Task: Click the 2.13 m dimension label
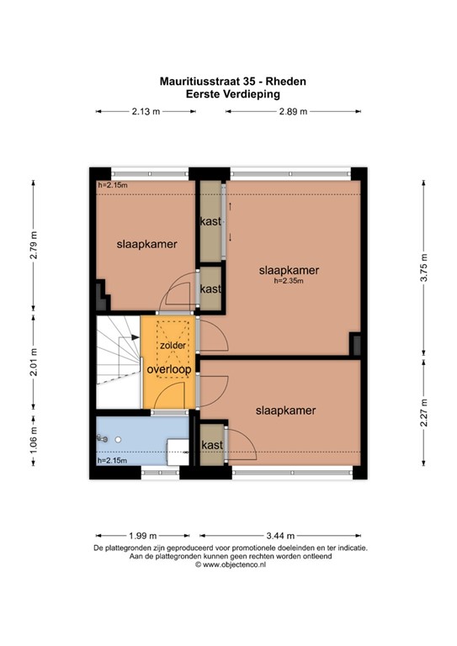tap(146, 111)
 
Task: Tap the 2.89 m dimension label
tap(294, 111)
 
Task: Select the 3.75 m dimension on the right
tap(423, 267)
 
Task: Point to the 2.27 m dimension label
tap(423, 413)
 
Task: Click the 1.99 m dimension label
tap(143, 536)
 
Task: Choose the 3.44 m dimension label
tap(280, 536)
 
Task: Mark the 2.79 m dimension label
tap(34, 245)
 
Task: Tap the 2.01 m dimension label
tap(34, 363)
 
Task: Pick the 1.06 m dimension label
tap(34, 439)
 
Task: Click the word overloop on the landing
tap(169, 369)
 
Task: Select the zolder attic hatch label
tap(173, 345)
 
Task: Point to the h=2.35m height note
tap(289, 281)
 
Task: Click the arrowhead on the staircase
tap(136, 337)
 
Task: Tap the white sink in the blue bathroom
tap(178, 452)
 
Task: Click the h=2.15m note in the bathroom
tap(112, 461)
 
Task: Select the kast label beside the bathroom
tap(212, 445)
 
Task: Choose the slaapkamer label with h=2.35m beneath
tap(289, 270)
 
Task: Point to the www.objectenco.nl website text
tap(234, 565)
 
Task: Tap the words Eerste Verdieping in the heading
tap(233, 94)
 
